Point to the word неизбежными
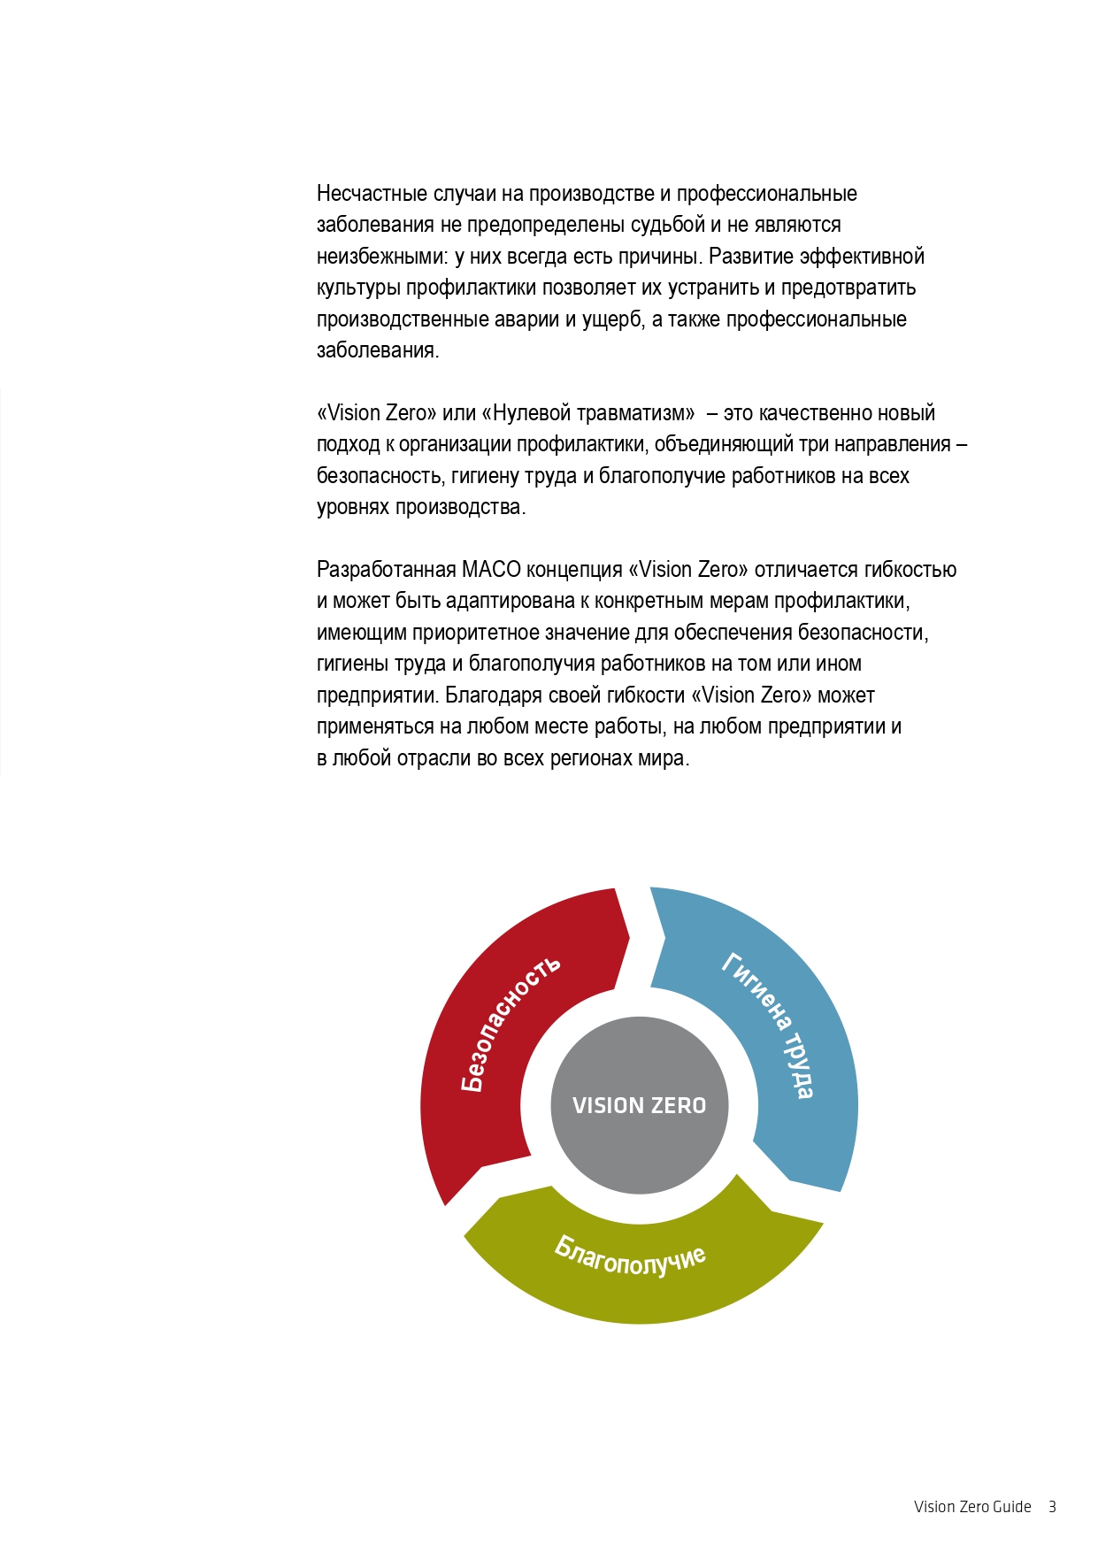382,257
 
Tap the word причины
658,257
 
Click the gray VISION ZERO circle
639,1105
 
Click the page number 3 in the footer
1052,1507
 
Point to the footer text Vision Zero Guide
972,1507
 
